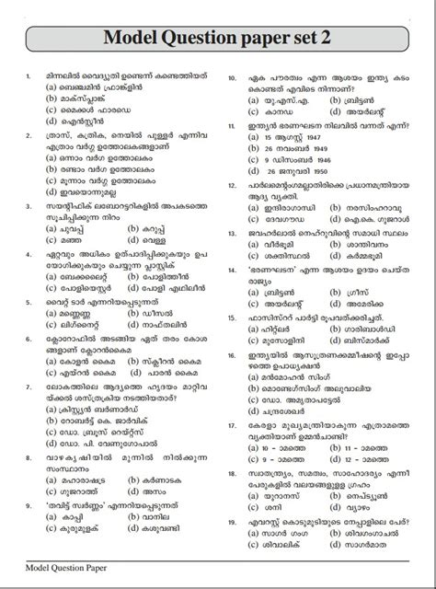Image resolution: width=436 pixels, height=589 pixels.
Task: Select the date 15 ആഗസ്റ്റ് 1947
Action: click(x=282, y=135)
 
